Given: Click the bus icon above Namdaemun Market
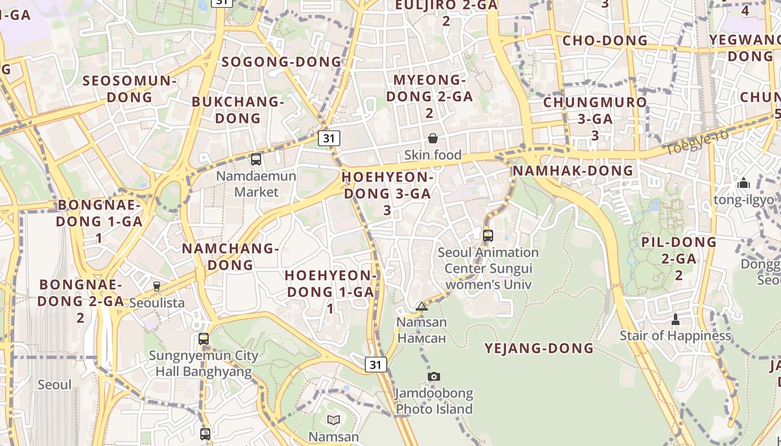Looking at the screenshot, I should click(x=256, y=159).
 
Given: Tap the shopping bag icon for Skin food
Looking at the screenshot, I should click(x=433, y=138).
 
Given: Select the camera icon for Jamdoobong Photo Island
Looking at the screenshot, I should click(x=434, y=377).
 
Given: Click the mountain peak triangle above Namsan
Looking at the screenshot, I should click(x=422, y=306).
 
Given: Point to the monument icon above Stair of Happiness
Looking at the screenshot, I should click(x=676, y=319).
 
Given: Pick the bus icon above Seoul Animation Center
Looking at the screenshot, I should click(x=488, y=236).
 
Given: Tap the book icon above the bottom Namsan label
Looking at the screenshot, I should click(x=334, y=420).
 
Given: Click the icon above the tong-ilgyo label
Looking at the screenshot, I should click(x=743, y=183).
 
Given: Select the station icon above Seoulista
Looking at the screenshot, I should click(x=157, y=287).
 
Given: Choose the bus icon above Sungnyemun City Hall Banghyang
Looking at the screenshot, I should click(x=204, y=339).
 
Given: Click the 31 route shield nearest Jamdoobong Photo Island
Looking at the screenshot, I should click(x=376, y=365).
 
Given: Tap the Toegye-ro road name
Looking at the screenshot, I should click(x=697, y=143).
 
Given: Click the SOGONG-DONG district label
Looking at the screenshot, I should click(x=281, y=62).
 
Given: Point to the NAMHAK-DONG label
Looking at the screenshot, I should click(x=573, y=171).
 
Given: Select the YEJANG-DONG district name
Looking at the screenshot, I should click(x=539, y=348).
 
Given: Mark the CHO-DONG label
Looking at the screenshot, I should click(x=605, y=41).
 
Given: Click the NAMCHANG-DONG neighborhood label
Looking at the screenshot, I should click(x=230, y=256).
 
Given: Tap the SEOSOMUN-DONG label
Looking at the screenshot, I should click(x=129, y=89).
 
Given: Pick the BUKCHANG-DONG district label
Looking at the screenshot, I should click(x=238, y=110).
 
